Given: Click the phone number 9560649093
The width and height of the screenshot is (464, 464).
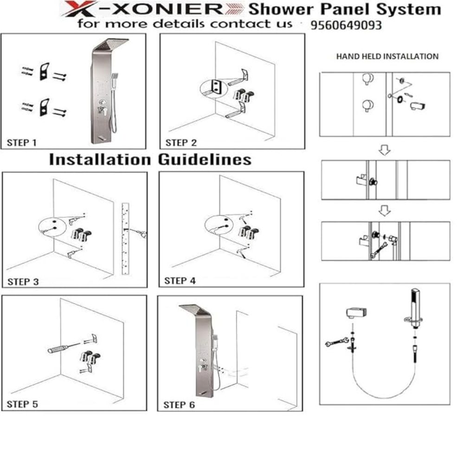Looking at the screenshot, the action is point(346,25).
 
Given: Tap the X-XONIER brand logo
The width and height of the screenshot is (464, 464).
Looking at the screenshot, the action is point(152,9).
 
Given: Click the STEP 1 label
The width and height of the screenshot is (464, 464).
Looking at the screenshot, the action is point(22,142).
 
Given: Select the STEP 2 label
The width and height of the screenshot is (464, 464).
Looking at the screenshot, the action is point(181,142).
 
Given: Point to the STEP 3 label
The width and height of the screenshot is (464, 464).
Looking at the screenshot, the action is point(23,282).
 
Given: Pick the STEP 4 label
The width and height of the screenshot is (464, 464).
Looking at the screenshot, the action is point(180,281).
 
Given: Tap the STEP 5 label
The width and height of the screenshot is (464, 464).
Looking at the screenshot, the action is point(22,404).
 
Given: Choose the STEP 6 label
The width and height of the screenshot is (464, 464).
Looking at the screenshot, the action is point(179,405).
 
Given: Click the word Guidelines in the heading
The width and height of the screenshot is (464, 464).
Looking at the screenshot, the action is point(205,160).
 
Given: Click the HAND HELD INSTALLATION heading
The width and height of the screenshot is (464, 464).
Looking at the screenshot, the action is point(387,56).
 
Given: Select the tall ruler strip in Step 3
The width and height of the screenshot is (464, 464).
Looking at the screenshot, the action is point(125,238).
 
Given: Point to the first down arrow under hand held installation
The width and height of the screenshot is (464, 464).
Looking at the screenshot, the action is point(385,150).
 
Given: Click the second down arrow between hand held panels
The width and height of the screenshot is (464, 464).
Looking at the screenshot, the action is point(385,211).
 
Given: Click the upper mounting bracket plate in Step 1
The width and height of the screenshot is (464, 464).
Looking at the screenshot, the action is point(45,71).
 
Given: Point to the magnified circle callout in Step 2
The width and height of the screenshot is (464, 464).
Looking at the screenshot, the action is point(213,88).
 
